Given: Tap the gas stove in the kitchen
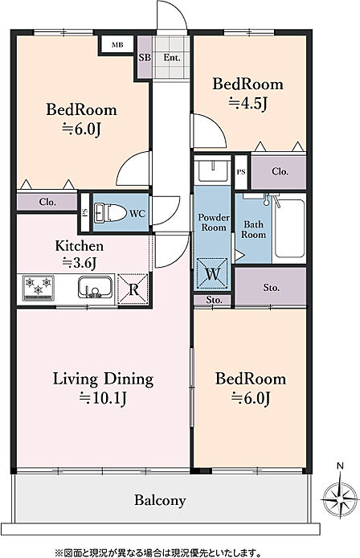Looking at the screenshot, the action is [39, 288].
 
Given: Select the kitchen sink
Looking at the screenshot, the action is [96, 287].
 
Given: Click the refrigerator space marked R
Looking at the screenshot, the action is [133, 289].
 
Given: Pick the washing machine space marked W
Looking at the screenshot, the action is [212, 273].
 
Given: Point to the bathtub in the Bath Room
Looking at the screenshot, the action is [289, 228].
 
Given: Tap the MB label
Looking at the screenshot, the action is [117, 45].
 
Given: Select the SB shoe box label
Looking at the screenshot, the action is [145, 57].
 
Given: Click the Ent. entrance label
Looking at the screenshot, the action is [172, 57].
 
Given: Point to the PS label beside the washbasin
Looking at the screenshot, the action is [241, 172].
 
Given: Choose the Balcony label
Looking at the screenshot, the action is [160, 501].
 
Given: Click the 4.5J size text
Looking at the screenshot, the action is [247, 103].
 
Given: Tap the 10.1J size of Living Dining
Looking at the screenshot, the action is [103, 398].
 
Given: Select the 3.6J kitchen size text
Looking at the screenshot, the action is [80, 263].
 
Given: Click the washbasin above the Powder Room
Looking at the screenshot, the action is [212, 171].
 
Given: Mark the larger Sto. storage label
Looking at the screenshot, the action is [271, 287].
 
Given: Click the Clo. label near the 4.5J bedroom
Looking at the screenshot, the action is [280, 171].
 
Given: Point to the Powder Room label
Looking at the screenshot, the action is [214, 222].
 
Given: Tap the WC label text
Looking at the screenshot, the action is [137, 214].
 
